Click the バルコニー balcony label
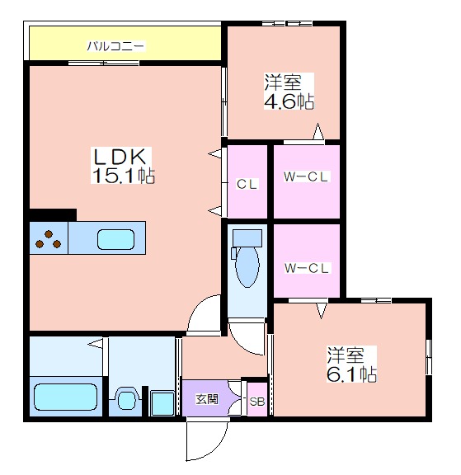pos(116,46)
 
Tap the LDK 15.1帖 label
pos(123,166)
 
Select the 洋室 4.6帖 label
pos(289,91)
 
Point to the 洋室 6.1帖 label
pos(351,364)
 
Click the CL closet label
pos(247,184)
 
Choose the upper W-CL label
pos(306,177)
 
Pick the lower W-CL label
pos(307,268)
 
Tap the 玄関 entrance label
pos(207,399)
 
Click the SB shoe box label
pos(257,402)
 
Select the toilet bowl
pos(247,266)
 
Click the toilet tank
pos(247,238)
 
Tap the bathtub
pos(65,397)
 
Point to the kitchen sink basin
pos(115,239)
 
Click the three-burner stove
pos(49,238)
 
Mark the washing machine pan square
pos(162,403)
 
